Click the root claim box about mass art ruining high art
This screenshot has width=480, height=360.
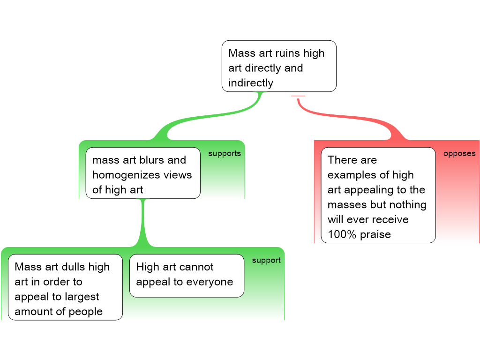279,66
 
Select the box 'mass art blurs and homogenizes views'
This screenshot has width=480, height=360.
143,173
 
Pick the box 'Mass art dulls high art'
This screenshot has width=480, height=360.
65,287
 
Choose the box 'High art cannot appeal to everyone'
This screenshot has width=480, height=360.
187,276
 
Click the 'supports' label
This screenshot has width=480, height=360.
224,153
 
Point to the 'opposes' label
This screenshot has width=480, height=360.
459,153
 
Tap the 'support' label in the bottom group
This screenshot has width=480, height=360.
266,260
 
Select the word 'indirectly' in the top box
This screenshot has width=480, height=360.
250,83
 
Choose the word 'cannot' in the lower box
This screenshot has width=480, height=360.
195,267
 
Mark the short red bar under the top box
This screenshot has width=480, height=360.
298,96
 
